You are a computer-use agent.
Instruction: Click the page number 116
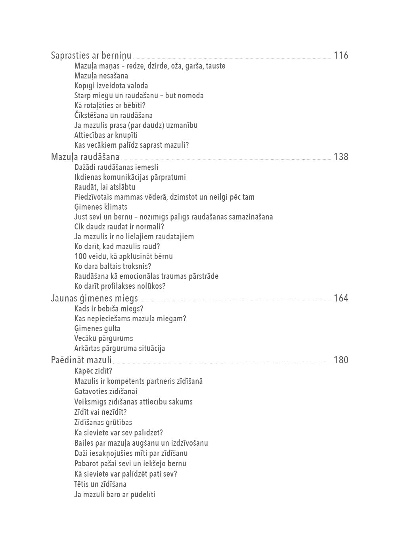341,55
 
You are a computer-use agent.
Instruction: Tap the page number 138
341,156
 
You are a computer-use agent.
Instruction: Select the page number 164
341,298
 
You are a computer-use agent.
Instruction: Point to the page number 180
341,360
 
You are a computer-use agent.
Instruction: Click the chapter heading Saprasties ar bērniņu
91,55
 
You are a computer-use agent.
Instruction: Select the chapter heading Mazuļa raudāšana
85,157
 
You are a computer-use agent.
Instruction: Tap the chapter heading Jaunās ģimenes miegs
94,298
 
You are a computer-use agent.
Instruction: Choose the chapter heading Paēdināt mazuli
81,360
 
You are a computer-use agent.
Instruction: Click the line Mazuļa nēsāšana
101,76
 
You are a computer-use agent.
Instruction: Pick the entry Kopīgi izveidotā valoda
111,86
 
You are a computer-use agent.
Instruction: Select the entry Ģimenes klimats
101,207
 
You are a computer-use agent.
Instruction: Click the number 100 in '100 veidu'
80,256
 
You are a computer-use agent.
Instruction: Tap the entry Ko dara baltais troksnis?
113,266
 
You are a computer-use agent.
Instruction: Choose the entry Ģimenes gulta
97,328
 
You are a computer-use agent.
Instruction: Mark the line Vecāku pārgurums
103,338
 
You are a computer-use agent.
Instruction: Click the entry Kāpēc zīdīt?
93,371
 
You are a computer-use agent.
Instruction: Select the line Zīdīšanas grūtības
103,422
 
